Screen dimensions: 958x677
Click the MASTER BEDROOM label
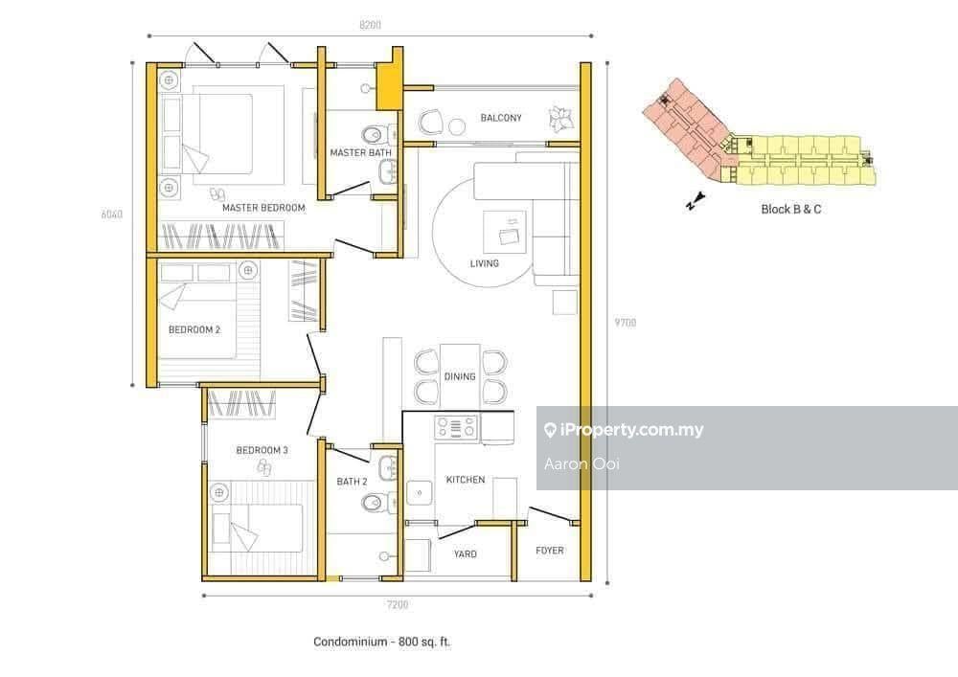click(x=263, y=208)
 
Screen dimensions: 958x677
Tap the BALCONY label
click(x=501, y=118)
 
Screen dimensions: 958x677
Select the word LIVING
click(x=485, y=263)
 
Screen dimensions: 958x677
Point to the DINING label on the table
click(x=460, y=376)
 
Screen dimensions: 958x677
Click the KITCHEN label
click(x=466, y=480)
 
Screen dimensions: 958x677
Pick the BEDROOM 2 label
click(x=194, y=329)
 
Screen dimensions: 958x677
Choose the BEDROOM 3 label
click(x=262, y=450)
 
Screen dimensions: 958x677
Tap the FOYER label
click(x=550, y=551)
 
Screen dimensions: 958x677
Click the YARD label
click(x=465, y=553)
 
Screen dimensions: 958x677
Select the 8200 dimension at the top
click(x=370, y=25)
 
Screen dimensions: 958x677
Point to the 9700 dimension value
click(x=626, y=323)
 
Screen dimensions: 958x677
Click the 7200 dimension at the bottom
click(x=398, y=604)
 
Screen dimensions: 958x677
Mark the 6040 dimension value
click(x=112, y=214)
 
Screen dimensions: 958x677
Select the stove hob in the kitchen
click(x=456, y=427)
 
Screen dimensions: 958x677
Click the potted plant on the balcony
click(x=560, y=118)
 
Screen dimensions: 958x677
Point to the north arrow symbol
click(x=696, y=201)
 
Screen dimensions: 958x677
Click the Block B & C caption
click(x=791, y=209)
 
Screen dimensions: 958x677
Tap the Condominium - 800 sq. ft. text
click(x=382, y=642)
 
